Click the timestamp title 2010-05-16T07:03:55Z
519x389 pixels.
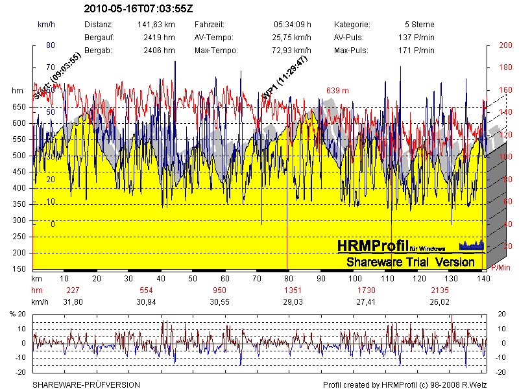[138, 9]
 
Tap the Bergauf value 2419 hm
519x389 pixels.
[160, 37]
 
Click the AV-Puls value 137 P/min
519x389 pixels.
[416, 37]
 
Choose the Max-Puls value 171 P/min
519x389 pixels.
[416, 50]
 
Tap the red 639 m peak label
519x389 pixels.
[337, 90]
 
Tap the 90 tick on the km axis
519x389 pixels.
[321, 278]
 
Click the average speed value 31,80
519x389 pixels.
[73, 302]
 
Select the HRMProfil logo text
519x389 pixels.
[373, 246]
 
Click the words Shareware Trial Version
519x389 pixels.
[410, 262]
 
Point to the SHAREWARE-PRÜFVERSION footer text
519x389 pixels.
[86, 384]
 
